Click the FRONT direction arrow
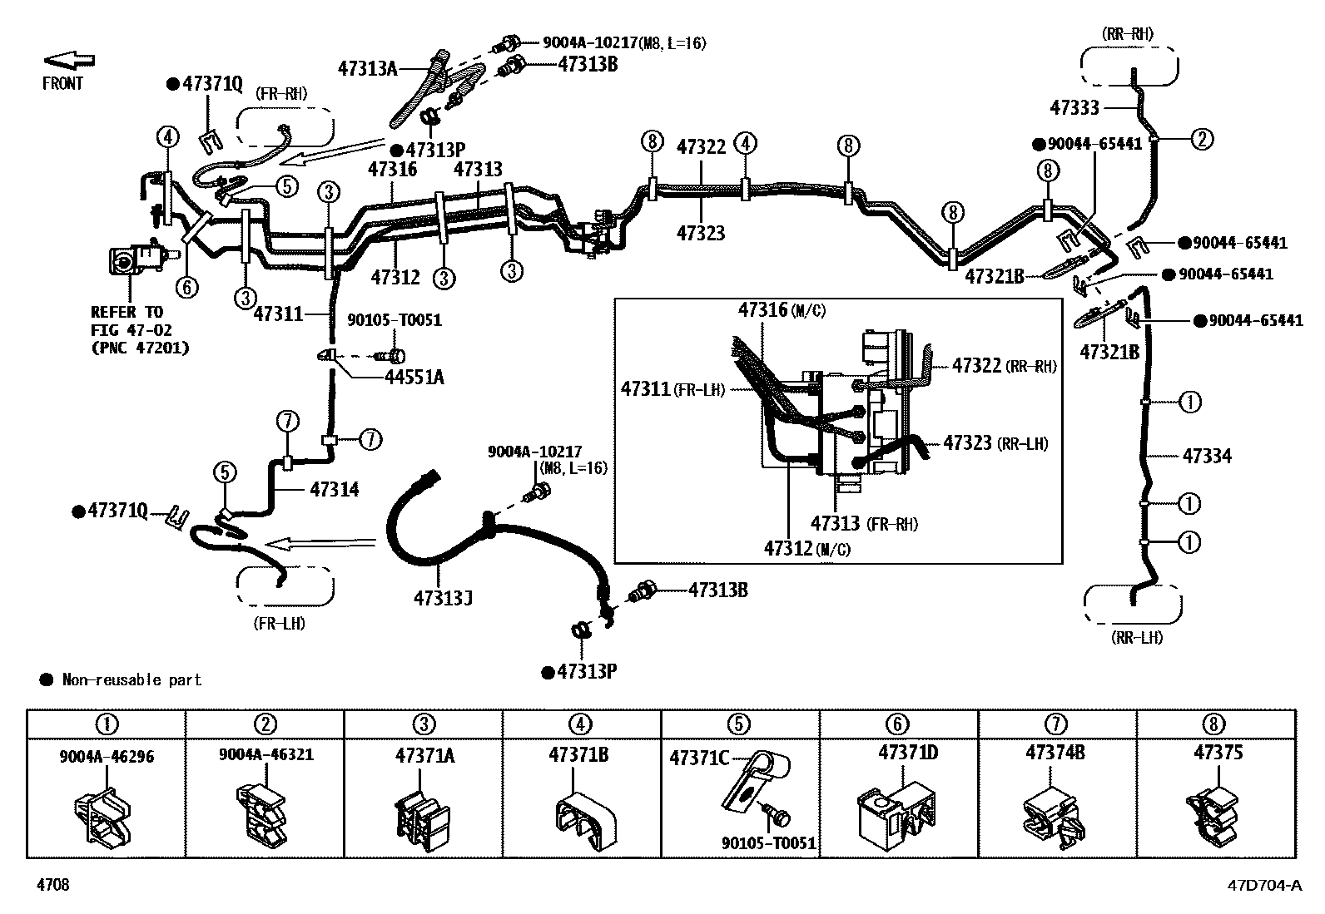click(69, 60)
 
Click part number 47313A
click(367, 69)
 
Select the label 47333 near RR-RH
click(1074, 107)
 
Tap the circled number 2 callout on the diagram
click(1201, 140)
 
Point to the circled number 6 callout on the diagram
click(187, 287)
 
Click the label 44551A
click(414, 377)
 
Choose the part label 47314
click(335, 489)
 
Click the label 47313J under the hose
click(443, 598)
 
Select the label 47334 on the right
click(1207, 456)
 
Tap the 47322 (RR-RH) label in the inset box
click(1004, 365)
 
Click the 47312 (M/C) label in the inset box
click(806, 549)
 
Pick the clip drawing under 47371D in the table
click(896, 816)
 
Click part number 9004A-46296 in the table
click(107, 756)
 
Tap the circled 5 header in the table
click(738, 724)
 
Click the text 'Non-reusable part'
click(132, 679)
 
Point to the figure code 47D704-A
click(1265, 885)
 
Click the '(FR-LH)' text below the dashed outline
click(279, 624)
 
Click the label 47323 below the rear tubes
click(700, 233)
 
